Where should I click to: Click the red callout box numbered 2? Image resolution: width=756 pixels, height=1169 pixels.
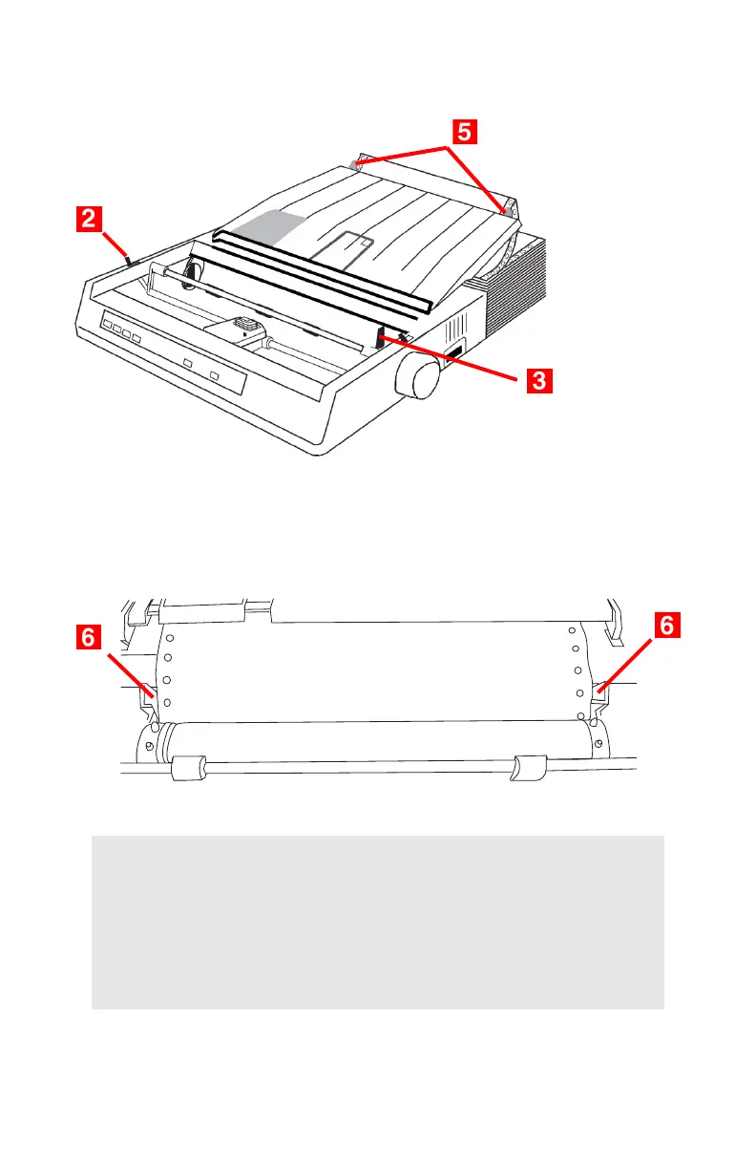click(87, 221)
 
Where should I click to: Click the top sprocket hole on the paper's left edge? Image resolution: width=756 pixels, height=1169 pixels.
click(168, 638)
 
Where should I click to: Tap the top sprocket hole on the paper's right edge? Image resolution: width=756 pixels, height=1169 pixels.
click(572, 630)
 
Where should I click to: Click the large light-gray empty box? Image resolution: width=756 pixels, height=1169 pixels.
click(377, 922)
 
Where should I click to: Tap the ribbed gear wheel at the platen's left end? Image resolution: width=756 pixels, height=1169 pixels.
click(189, 277)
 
